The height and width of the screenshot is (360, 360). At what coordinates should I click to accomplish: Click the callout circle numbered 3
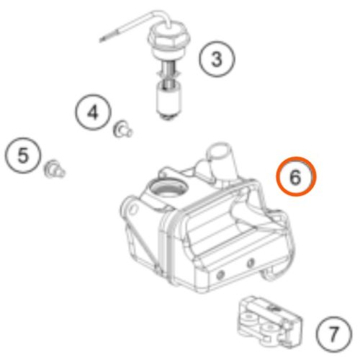tap(217, 59)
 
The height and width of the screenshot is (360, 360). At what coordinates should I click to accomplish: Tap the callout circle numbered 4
tap(93, 112)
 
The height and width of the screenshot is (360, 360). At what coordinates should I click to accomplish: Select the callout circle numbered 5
tap(23, 156)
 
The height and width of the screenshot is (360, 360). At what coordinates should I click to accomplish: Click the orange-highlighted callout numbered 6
tap(296, 176)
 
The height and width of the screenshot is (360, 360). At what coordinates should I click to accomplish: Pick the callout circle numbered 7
tap(334, 334)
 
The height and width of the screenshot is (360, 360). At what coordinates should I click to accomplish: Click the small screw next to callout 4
tap(123, 130)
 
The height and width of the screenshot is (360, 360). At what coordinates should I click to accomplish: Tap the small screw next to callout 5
tap(55, 169)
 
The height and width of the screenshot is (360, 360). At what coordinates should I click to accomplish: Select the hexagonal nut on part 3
tap(168, 38)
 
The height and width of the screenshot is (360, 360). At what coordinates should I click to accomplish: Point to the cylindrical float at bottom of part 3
tap(168, 99)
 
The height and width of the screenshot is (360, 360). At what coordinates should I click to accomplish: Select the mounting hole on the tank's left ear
tap(132, 210)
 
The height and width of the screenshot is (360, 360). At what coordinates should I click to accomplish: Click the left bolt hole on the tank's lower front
tap(220, 274)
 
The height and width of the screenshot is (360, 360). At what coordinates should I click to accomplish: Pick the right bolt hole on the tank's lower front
tap(251, 262)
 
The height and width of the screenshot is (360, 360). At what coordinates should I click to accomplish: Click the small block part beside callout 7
tap(269, 322)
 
